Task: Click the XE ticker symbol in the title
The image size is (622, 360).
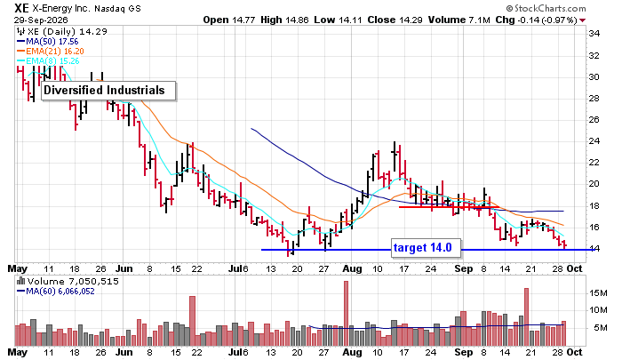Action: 21,8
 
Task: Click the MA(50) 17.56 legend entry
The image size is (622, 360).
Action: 48,41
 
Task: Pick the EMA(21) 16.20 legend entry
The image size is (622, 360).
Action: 51,52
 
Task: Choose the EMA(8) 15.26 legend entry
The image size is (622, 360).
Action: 48,61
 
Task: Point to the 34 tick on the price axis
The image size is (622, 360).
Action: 594,34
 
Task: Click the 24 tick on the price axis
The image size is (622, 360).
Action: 594,141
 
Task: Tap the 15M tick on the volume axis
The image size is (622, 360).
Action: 598,293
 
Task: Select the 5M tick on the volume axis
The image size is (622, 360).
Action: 601,328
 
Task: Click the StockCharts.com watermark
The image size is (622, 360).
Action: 546,8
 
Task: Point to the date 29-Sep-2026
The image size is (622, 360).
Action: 41,20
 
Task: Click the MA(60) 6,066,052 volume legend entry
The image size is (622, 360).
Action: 55,292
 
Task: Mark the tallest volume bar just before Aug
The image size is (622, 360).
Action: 346,313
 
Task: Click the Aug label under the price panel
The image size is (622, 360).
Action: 352,269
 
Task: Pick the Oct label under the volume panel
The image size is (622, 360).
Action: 574,352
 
